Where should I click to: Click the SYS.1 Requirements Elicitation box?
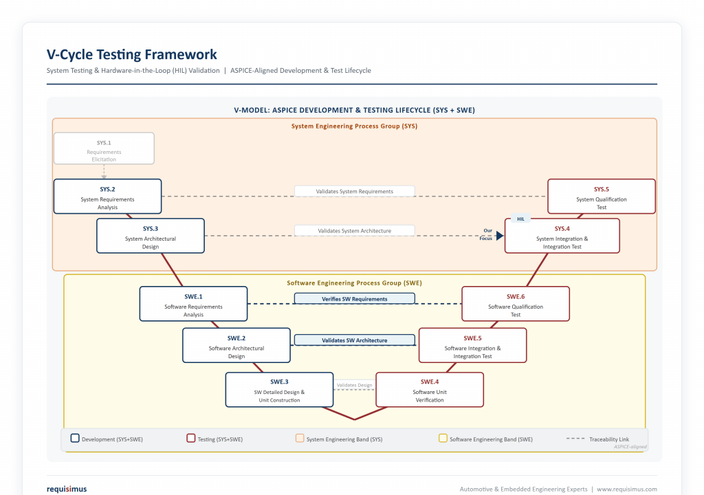[x=104, y=148]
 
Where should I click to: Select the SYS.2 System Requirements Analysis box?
[x=107, y=197]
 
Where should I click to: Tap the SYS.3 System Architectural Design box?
[x=151, y=236]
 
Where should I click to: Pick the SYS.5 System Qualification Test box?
[x=602, y=197]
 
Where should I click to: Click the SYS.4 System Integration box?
[x=562, y=236]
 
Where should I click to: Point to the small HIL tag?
[x=521, y=219]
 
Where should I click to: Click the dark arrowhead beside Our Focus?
[x=500, y=235]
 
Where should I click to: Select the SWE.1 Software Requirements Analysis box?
[x=193, y=304]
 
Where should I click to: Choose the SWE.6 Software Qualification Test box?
[x=516, y=304]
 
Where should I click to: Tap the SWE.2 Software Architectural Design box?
[x=236, y=345]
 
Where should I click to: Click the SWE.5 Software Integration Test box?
[x=472, y=345]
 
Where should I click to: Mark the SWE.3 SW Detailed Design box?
[x=279, y=389]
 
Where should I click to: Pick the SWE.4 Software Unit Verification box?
[x=430, y=389]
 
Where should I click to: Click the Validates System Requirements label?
[x=354, y=191]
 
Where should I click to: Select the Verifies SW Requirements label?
[x=354, y=298]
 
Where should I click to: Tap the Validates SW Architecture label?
[x=354, y=340]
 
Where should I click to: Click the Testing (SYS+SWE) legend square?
[x=191, y=438]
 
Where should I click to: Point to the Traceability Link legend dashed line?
[x=575, y=439]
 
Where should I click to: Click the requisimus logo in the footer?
[x=67, y=489]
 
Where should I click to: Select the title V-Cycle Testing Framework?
[x=131, y=54]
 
